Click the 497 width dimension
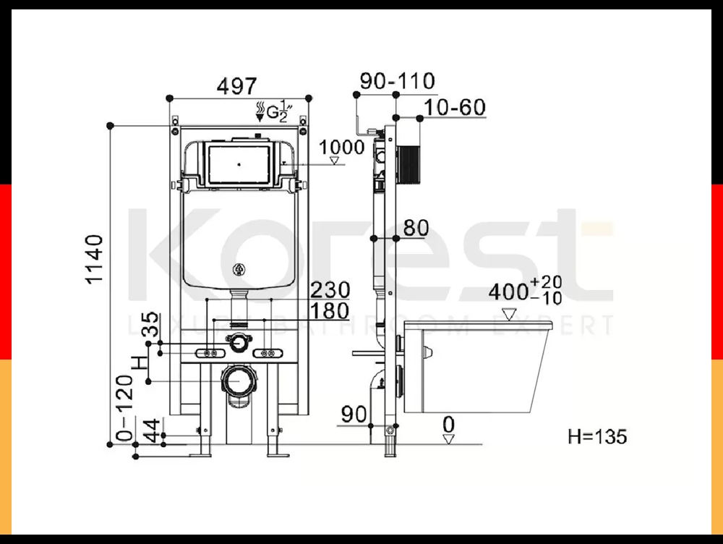coord(236,86)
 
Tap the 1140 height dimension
coord(95,259)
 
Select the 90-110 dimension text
coord(397,81)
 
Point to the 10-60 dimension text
coord(455,108)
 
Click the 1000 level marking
coord(342,148)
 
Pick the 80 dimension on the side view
coord(416,228)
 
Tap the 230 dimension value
coord(330,290)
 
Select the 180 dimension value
coord(330,311)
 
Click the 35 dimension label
coord(150,324)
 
